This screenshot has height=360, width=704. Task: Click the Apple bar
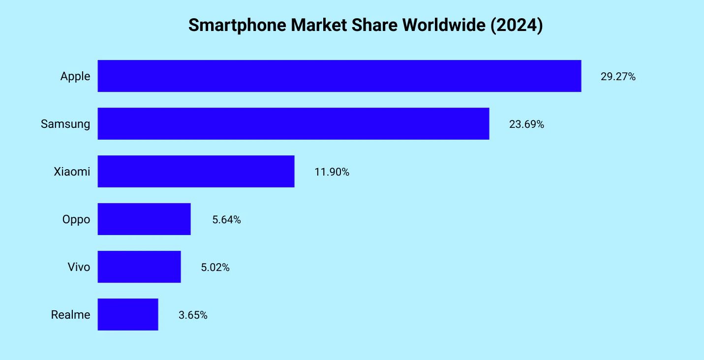point(339,76)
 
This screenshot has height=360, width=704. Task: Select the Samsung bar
point(293,123)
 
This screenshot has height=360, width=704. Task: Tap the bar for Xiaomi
point(196,171)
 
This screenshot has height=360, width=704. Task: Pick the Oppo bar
point(144,219)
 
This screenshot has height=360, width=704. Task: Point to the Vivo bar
point(139,267)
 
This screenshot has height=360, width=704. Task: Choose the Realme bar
point(128,314)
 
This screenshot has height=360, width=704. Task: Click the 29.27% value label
point(618,77)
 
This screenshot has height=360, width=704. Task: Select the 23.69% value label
point(526,124)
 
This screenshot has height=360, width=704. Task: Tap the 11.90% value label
point(332,172)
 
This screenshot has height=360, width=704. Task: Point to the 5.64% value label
point(226,220)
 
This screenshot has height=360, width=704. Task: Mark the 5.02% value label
point(215,268)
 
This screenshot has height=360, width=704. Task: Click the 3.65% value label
point(193,315)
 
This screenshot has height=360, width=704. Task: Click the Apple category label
point(75,76)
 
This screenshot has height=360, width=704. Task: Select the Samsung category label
point(65,124)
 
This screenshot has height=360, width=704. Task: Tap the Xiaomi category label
point(72,172)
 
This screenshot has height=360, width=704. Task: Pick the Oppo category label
point(76,219)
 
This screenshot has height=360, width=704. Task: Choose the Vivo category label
point(79,267)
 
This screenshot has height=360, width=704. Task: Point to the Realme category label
point(70,315)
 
